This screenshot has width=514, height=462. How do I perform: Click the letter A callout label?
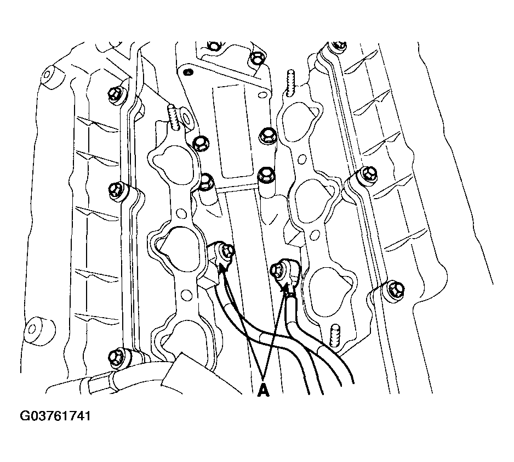(x=263, y=391)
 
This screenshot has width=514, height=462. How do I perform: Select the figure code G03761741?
(x=55, y=416)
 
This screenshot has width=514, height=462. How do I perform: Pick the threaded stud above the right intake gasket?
(x=291, y=83)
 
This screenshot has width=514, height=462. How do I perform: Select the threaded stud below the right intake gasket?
(x=335, y=335)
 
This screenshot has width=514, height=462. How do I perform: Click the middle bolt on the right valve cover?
(x=368, y=173)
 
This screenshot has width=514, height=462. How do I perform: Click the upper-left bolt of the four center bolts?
(x=201, y=144)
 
